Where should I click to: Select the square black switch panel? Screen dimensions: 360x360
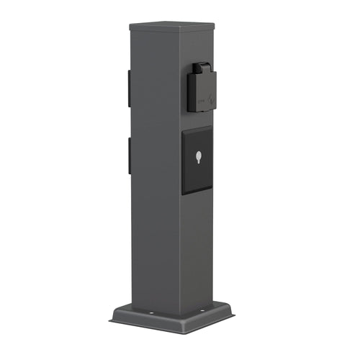(197, 161)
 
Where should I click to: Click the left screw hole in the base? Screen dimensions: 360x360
(152, 314)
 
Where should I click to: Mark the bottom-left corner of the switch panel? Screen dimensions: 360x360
(182, 193)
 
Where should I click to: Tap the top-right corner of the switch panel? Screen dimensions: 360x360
(212, 126)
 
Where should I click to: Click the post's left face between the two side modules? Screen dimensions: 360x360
(128, 122)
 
